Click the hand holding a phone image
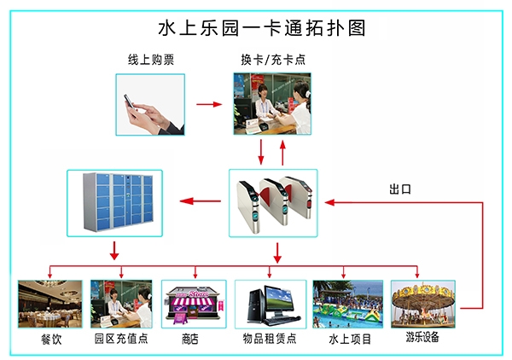150,104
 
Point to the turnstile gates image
272,203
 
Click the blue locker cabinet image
114,203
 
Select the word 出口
399,189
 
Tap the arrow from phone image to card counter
209,104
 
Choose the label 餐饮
50,339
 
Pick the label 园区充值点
120,339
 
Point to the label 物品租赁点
269,339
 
